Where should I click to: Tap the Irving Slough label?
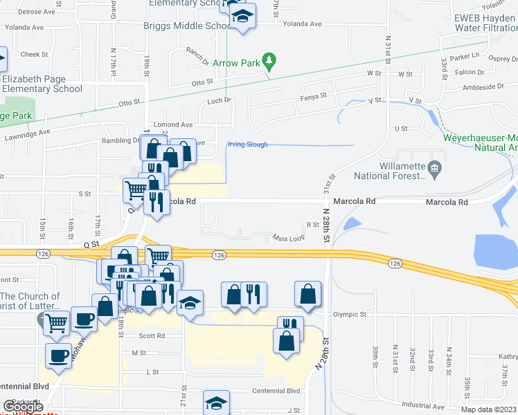247,145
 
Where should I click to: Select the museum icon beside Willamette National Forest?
434,167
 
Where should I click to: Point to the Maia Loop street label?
289,238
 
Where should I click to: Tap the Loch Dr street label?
218,100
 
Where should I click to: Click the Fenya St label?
313,97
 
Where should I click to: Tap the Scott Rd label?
152,335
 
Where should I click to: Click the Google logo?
23,407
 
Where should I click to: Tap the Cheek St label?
34,54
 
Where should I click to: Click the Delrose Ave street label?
21,12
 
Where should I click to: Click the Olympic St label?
349,314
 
